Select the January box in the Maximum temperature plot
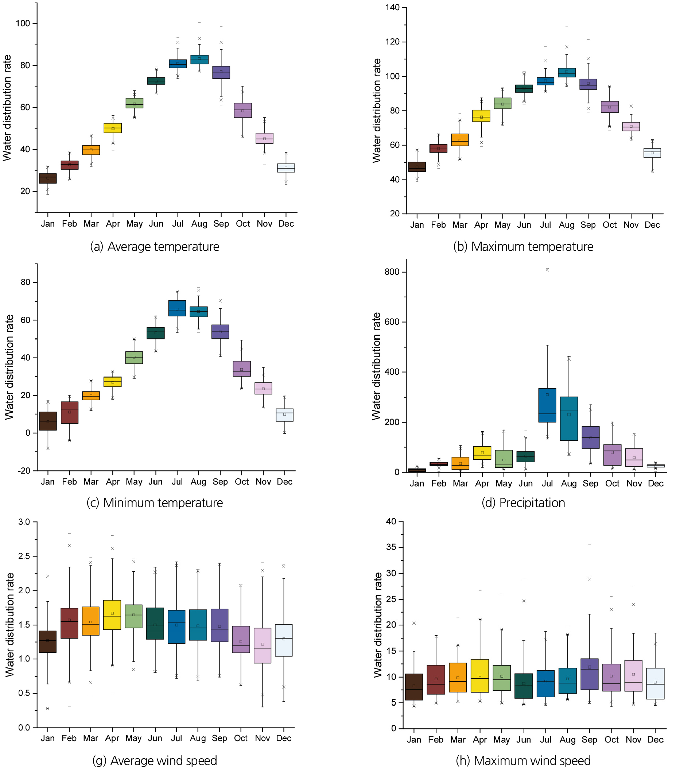417,167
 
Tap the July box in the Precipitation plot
547,405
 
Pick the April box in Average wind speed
112,614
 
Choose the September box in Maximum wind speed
589,674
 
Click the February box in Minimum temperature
69,412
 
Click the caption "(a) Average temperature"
155,247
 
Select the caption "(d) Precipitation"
523,502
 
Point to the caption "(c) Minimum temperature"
155,502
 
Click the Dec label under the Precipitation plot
656,483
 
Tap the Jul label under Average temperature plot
178,224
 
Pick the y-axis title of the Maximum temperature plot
377,111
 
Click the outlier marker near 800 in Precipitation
547,270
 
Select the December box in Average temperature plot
286,168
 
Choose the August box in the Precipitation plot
569,419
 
